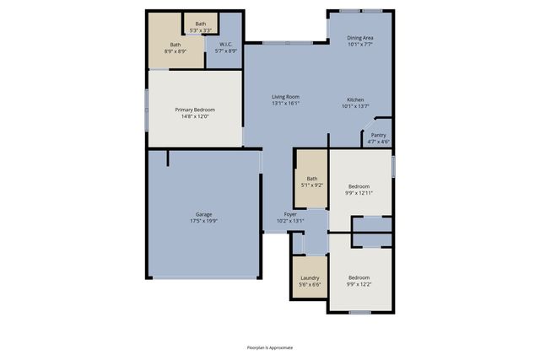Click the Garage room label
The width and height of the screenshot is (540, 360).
[204, 214]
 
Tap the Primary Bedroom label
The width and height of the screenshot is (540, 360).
[195, 110]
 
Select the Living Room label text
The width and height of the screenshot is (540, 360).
[285, 97]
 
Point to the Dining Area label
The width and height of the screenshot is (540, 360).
[361, 37]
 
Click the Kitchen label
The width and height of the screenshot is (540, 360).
[355, 99]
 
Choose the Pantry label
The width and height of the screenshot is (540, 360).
[379, 135]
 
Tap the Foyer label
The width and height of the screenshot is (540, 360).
[289, 215]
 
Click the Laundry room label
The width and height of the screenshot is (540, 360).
[309, 277]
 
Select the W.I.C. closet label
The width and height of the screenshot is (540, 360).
[226, 44]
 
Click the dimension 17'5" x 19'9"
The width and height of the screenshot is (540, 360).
[204, 221]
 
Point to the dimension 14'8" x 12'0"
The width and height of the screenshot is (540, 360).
[195, 116]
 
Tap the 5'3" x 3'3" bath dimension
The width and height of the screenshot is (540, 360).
[200, 30]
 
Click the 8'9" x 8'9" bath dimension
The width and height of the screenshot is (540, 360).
[175, 51]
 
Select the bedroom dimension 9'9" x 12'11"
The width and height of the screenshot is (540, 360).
[359, 192]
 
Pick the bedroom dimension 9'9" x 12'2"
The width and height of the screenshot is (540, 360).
[359, 284]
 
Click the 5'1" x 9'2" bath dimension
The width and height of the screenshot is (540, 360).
[312, 185]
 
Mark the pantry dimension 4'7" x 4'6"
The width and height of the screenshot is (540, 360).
[379, 142]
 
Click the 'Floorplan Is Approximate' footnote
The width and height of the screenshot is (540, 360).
[270, 347]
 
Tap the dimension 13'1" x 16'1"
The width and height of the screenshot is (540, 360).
[285, 104]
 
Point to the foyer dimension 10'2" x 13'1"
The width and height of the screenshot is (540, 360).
[289, 222]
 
